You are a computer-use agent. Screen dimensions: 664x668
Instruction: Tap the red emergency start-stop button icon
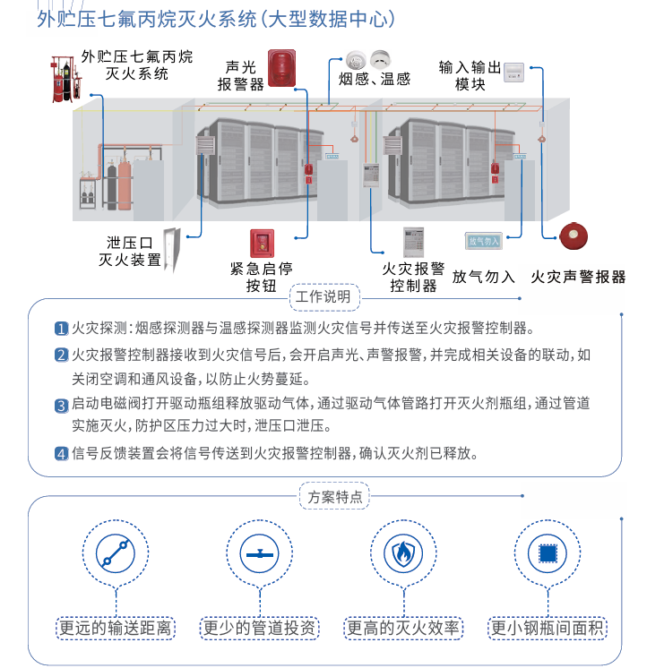[262, 244]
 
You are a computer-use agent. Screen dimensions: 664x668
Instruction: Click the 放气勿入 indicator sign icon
[483, 240]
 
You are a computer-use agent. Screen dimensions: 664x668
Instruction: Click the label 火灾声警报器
[578, 277]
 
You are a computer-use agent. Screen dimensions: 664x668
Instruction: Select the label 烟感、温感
[374, 79]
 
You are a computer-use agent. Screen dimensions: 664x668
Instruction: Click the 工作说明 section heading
[323, 296]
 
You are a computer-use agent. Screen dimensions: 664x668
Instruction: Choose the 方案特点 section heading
[335, 497]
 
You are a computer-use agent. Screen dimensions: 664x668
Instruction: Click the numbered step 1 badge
[61, 328]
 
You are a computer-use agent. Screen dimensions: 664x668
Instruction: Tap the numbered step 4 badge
[61, 453]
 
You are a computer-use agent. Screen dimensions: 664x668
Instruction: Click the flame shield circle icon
[403, 553]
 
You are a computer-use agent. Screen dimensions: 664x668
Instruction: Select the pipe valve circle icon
[259, 553]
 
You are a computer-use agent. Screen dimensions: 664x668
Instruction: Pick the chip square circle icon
[548, 553]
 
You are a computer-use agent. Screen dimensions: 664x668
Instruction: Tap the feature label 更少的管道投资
[259, 628]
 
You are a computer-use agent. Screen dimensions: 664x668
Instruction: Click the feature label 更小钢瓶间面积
[548, 628]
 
